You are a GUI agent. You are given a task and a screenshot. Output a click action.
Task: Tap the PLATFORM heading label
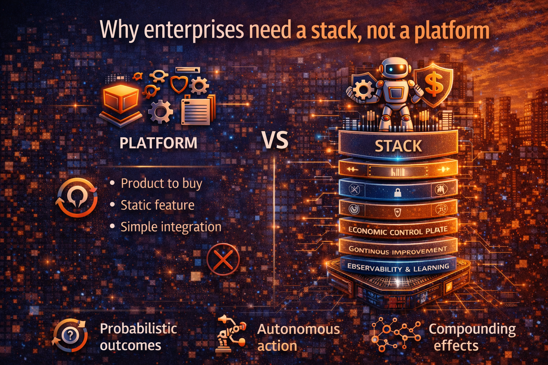click(158, 143)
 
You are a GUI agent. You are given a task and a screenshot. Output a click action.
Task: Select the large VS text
click(275, 140)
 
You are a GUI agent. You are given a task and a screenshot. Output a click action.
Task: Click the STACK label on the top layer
click(398, 146)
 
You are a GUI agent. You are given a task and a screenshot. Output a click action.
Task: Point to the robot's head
click(394, 69)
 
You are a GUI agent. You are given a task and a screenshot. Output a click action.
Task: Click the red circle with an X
click(223, 259)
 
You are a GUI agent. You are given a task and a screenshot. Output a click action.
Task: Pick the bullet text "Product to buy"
click(161, 183)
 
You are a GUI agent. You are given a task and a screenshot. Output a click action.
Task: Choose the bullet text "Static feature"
click(157, 205)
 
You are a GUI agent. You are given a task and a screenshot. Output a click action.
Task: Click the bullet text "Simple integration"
click(171, 227)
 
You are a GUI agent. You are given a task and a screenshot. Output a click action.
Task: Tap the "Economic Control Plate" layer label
click(398, 231)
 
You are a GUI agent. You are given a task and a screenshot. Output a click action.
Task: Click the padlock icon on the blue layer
click(398, 193)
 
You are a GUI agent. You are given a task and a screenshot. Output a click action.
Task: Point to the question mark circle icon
click(70, 335)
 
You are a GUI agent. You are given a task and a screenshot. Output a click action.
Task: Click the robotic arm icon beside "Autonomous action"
click(231, 334)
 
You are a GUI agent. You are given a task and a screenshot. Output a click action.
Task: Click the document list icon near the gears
click(196, 111)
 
